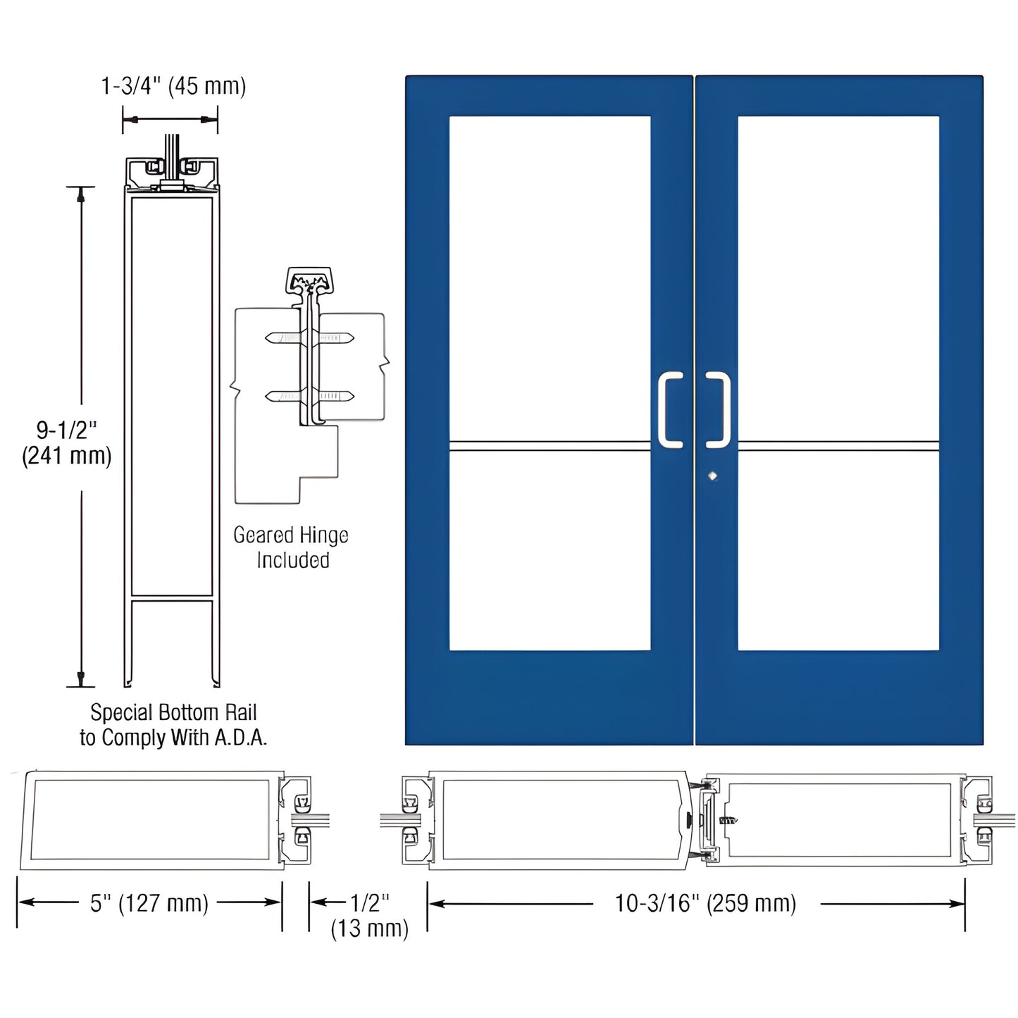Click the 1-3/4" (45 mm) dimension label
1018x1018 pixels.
pyautogui.click(x=173, y=86)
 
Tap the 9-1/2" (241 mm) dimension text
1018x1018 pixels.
pyautogui.click(x=67, y=443)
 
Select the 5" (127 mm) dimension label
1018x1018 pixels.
pyautogui.click(x=149, y=903)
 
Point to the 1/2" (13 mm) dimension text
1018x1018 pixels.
pyautogui.click(x=370, y=915)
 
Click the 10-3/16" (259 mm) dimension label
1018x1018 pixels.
pyautogui.click(x=705, y=903)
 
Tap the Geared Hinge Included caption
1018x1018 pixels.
pyautogui.click(x=291, y=547)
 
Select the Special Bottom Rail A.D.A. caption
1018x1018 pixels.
pyautogui.click(x=173, y=725)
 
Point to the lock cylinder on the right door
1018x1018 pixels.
pyautogui.click(x=712, y=476)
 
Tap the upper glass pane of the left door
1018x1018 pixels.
pyautogui.click(x=550, y=278)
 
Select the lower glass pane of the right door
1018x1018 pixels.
pyautogui.click(x=838, y=550)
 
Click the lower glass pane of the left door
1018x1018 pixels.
pyautogui.click(x=550, y=550)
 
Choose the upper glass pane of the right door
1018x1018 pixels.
pyautogui.click(x=838, y=278)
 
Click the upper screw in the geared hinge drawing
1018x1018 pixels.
pyautogui.click(x=310, y=338)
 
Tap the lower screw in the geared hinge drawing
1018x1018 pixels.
pyautogui.click(x=310, y=397)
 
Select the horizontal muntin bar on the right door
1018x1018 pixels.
pyautogui.click(x=838, y=445)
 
